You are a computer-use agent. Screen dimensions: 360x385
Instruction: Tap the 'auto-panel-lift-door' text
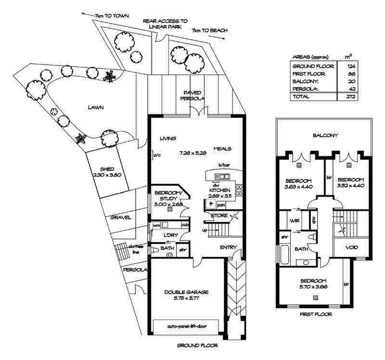pyautogui.click(x=186, y=326)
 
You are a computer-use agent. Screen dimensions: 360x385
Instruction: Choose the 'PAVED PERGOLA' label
pyautogui.click(x=192, y=95)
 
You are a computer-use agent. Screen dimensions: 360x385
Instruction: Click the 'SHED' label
pyautogui.click(x=106, y=169)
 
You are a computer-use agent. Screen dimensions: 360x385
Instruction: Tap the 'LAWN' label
pyautogui.click(x=96, y=108)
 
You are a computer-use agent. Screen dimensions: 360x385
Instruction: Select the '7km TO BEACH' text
pyautogui.click(x=209, y=31)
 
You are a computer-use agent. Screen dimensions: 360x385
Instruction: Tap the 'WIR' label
pyautogui.click(x=294, y=221)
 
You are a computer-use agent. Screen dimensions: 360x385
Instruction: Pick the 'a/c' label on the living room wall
pyautogui.click(x=157, y=155)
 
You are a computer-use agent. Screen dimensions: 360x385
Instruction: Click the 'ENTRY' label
pyautogui.click(x=228, y=247)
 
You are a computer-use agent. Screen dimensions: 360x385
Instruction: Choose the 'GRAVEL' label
pyautogui.click(x=121, y=218)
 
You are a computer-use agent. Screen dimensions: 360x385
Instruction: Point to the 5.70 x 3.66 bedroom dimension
pyautogui.click(x=314, y=287)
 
